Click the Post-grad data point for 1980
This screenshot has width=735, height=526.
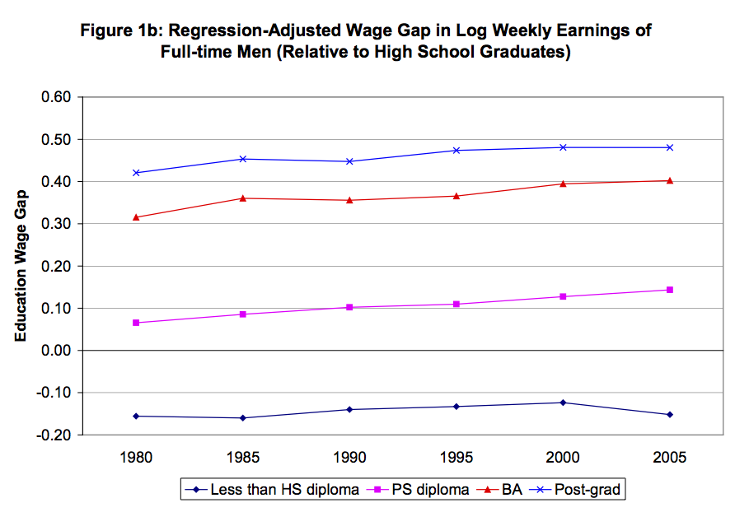pyautogui.click(x=136, y=173)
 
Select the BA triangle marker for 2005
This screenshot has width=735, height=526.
pyautogui.click(x=670, y=180)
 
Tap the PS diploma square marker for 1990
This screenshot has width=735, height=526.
pyautogui.click(x=349, y=307)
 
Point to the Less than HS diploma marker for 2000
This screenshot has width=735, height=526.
pyautogui.click(x=563, y=403)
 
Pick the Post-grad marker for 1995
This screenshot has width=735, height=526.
pyautogui.click(x=456, y=151)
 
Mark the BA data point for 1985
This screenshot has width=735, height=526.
pyautogui.click(x=242, y=198)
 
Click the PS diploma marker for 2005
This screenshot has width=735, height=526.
pyautogui.click(x=670, y=290)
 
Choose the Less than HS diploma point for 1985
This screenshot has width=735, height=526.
pyautogui.click(x=242, y=418)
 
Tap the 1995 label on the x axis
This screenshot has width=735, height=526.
pyautogui.click(x=456, y=458)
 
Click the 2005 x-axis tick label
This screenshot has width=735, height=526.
pyautogui.click(x=670, y=458)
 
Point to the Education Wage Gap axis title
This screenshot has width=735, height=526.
pyautogui.click(x=22, y=265)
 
